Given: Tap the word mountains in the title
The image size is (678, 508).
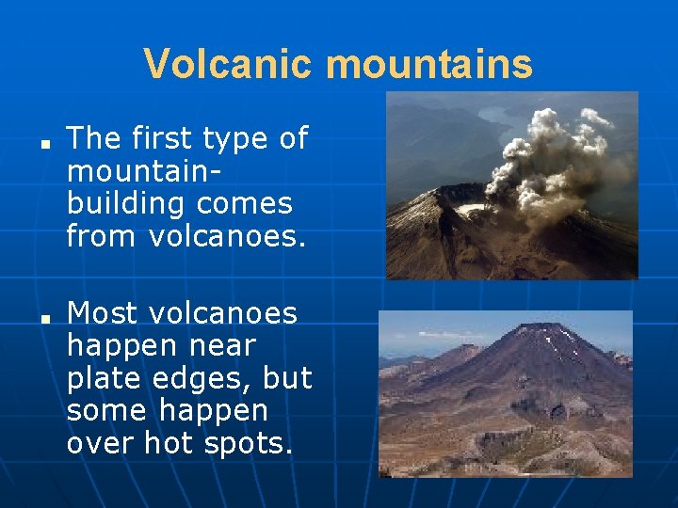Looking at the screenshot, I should pyautogui.click(x=429, y=65).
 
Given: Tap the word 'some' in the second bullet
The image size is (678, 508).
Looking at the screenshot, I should pyautogui.click(x=106, y=411).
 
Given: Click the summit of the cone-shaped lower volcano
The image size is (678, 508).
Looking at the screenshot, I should pyautogui.click(x=538, y=328).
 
